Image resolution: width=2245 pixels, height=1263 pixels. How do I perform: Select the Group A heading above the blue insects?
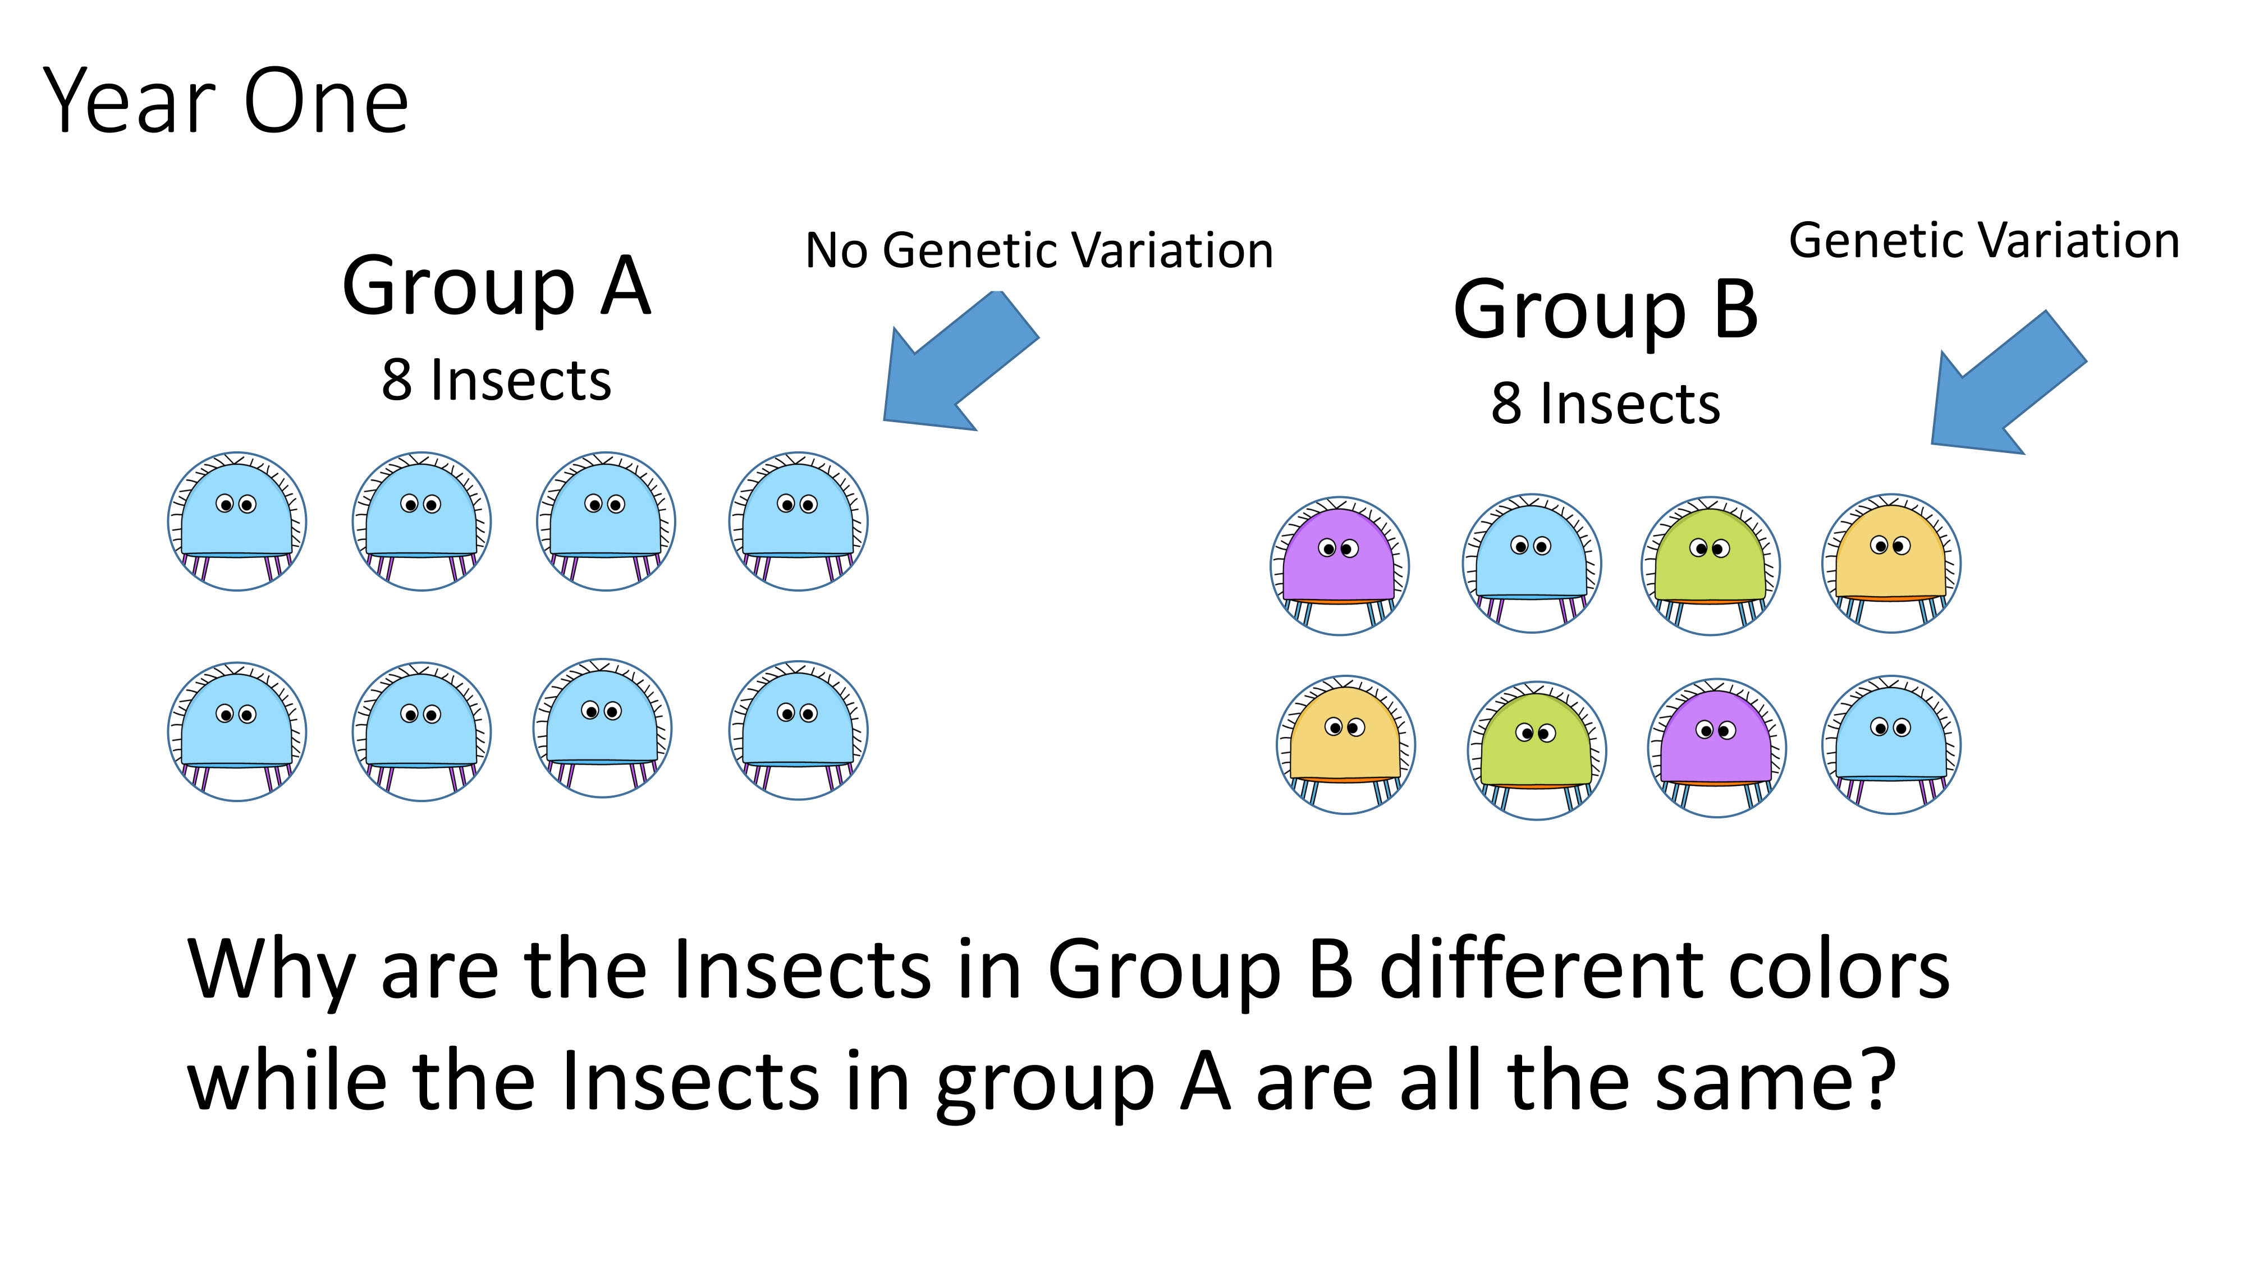pos(497,287)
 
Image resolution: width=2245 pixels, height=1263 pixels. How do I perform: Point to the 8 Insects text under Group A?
pos(497,381)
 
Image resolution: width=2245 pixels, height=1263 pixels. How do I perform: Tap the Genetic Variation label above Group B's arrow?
pos(1985,241)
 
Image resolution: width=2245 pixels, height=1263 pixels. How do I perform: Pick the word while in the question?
pos(287,1081)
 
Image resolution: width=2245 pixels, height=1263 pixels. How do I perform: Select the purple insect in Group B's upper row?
pos(1340,566)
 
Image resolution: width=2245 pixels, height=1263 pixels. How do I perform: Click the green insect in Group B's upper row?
pos(1711,566)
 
